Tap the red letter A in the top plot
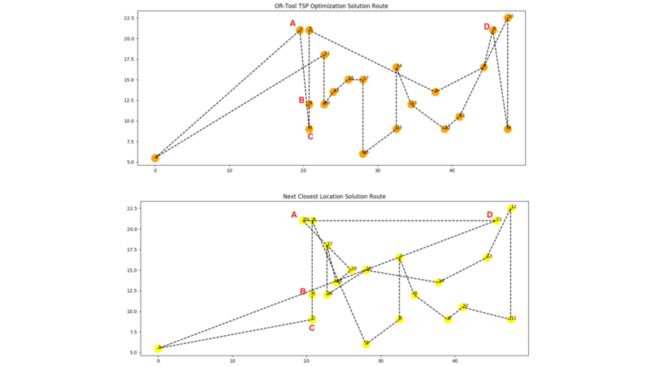(x=292, y=24)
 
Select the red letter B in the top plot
(x=301, y=101)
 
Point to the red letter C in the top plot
(x=310, y=137)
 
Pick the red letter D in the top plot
(x=487, y=27)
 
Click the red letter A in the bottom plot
(x=294, y=215)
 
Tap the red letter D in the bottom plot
(x=489, y=215)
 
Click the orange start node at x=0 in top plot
(x=155, y=158)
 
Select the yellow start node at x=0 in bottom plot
(x=158, y=348)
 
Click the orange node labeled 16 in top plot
(x=363, y=153)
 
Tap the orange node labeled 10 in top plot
(x=508, y=18)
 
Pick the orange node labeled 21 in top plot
(x=324, y=55)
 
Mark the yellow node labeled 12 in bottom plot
(x=510, y=208)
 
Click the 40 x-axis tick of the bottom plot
(x=454, y=360)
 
